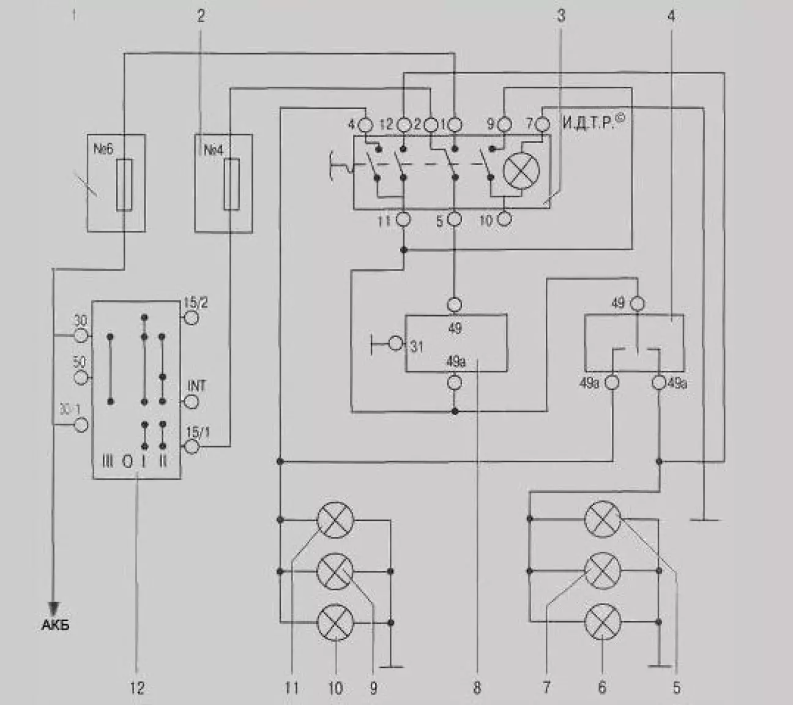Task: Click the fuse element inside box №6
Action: click(x=124, y=184)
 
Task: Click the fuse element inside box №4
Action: click(x=231, y=184)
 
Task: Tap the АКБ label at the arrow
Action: click(x=55, y=625)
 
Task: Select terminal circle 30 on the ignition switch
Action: click(x=82, y=335)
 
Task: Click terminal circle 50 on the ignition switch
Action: click(x=81, y=378)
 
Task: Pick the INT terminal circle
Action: click(x=192, y=401)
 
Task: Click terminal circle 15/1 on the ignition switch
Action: click(x=192, y=447)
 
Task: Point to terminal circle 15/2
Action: click(x=192, y=318)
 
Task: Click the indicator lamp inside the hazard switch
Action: click(x=521, y=170)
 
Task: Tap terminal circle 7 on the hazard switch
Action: click(x=543, y=125)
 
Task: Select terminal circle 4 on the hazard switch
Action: click(x=365, y=125)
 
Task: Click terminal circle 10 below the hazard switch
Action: click(x=504, y=219)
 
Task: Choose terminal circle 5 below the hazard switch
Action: click(x=454, y=219)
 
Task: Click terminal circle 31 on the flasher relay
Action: click(x=396, y=343)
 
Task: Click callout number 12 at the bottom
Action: click(x=138, y=688)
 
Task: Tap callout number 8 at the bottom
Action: click(x=477, y=688)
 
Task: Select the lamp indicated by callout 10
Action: click(x=335, y=622)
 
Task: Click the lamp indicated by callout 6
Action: click(x=603, y=622)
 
